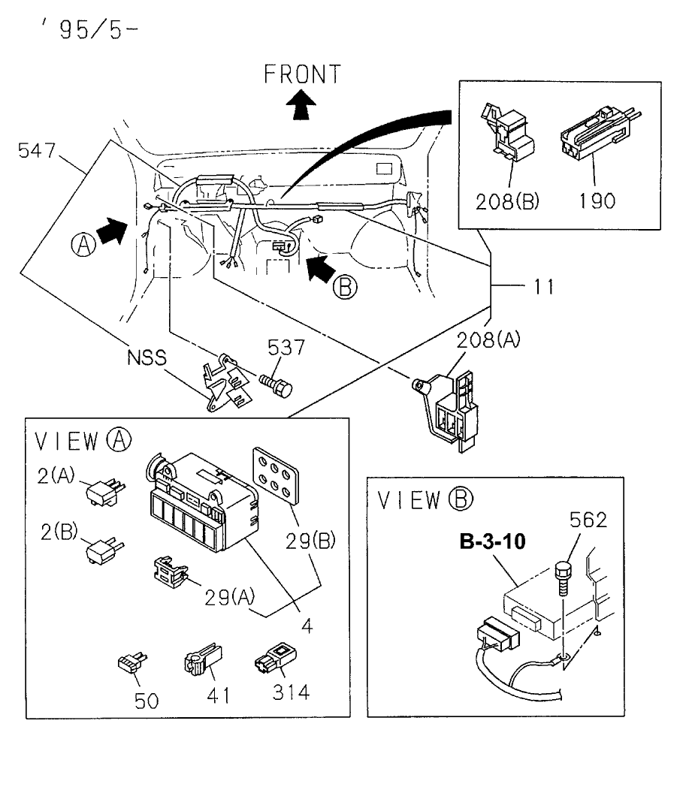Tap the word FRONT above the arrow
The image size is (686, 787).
pyautogui.click(x=302, y=74)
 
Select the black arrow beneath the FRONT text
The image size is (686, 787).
pyautogui.click(x=301, y=105)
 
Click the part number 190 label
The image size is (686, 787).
pyautogui.click(x=597, y=200)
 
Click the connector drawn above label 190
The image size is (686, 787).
pyautogui.click(x=594, y=138)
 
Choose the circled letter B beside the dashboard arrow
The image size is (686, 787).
pyautogui.click(x=346, y=287)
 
